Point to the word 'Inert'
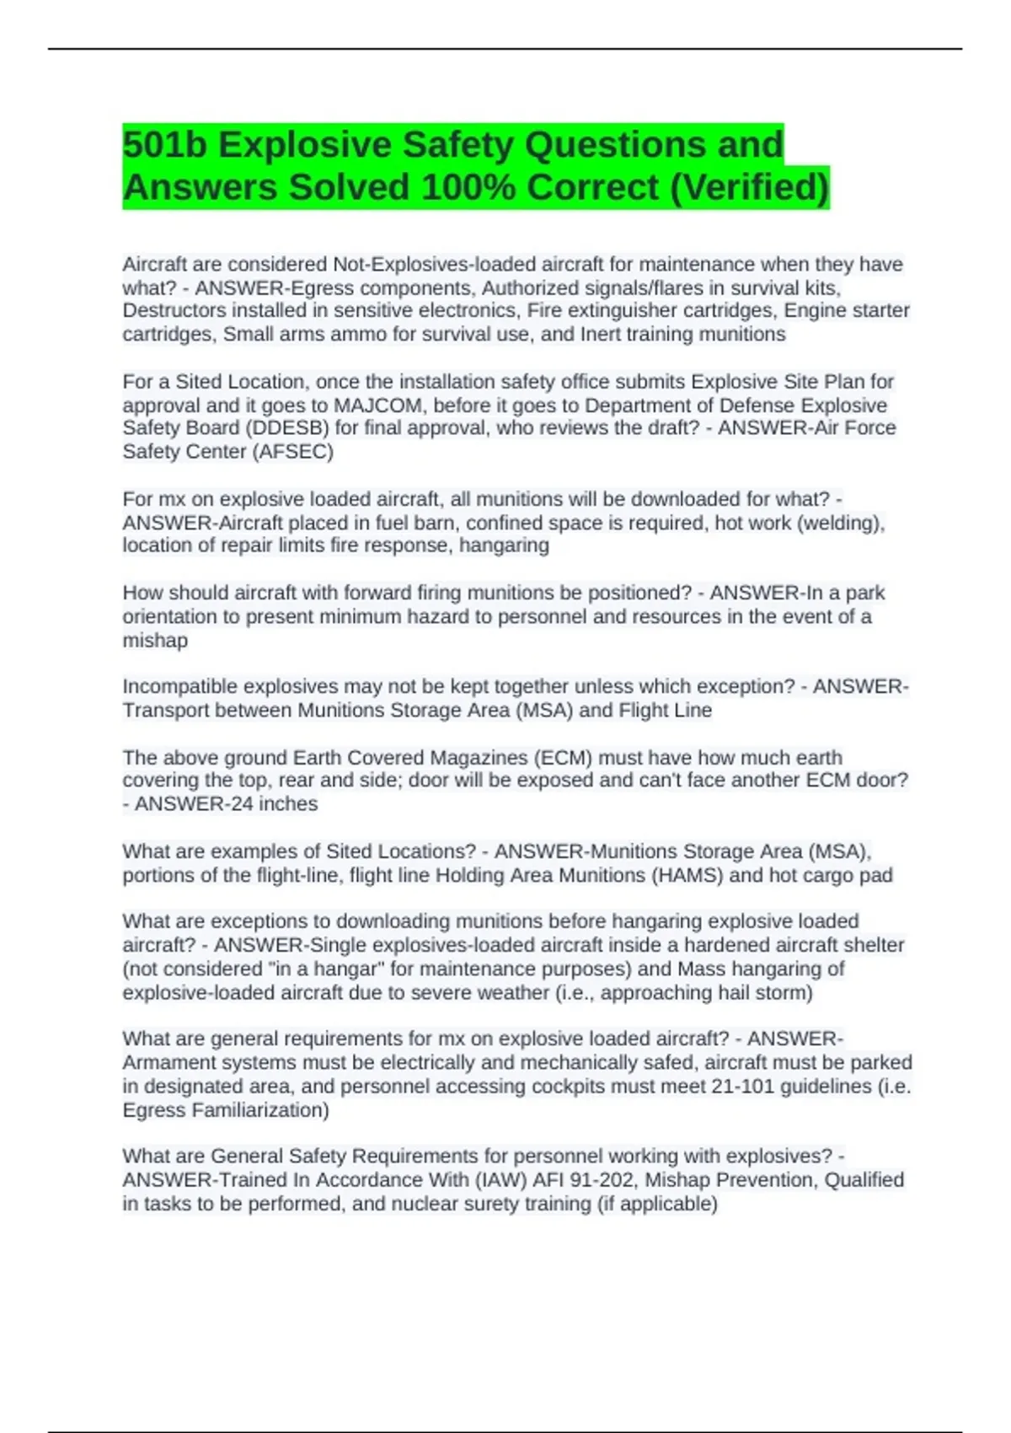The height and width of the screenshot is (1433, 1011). point(599,334)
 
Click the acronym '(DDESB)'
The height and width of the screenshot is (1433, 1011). point(286,428)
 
